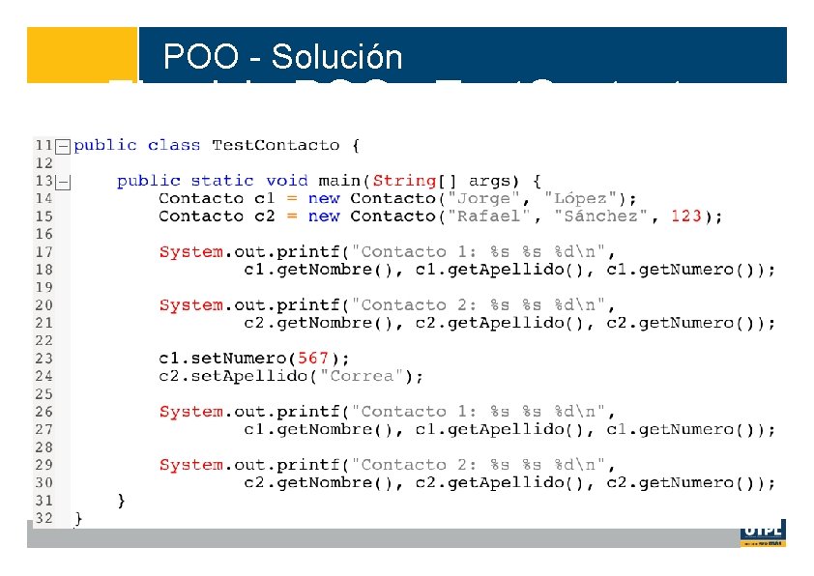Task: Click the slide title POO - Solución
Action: [x=282, y=57]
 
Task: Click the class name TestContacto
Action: [x=276, y=145]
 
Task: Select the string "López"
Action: [x=590, y=198]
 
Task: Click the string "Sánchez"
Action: [x=600, y=216]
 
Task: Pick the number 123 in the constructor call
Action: [x=685, y=216]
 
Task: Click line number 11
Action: [x=44, y=145]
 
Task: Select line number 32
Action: [x=44, y=518]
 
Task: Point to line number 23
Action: [x=44, y=358]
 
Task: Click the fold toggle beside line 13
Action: [x=62, y=181]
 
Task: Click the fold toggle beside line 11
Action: [x=62, y=146]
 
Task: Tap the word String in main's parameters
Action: [x=404, y=181]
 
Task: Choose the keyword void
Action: [x=286, y=181]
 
